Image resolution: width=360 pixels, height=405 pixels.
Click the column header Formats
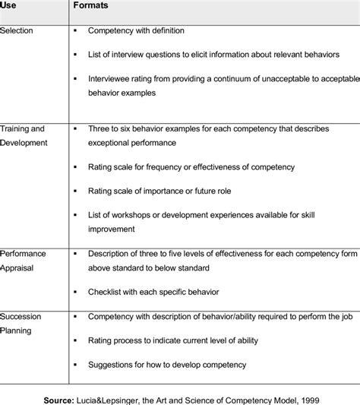click(x=92, y=6)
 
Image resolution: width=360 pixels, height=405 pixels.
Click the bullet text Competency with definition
click(x=136, y=31)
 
